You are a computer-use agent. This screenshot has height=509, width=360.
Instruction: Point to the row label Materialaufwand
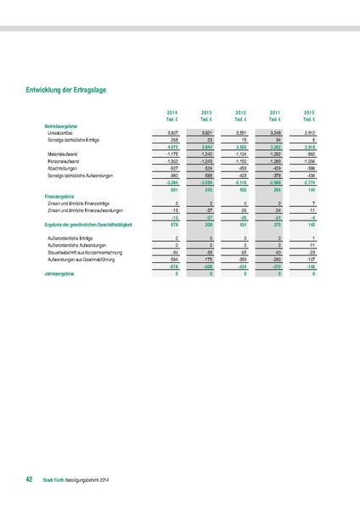click(65, 154)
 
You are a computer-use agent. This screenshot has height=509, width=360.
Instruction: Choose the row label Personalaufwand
click(65, 161)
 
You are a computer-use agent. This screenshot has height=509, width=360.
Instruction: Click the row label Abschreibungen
click(64, 168)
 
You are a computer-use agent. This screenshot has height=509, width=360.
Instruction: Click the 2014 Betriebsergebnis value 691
click(172, 189)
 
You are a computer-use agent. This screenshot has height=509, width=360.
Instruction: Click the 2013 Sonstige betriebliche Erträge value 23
click(209, 140)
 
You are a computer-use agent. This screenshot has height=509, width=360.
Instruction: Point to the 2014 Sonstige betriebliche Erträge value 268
click(172, 140)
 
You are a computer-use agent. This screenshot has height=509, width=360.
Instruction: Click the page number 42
click(29, 479)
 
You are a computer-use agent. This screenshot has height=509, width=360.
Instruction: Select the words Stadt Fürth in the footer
click(53, 480)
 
